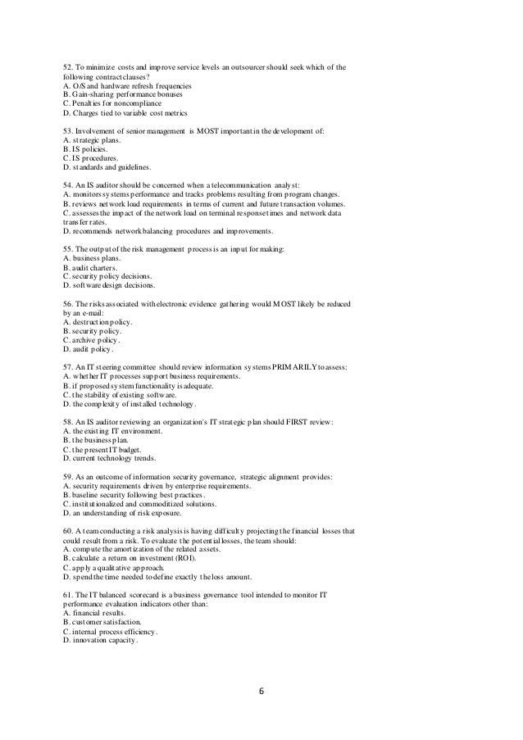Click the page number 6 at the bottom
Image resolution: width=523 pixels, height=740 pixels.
(x=261, y=691)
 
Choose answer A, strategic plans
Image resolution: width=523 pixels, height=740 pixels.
(x=93, y=142)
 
